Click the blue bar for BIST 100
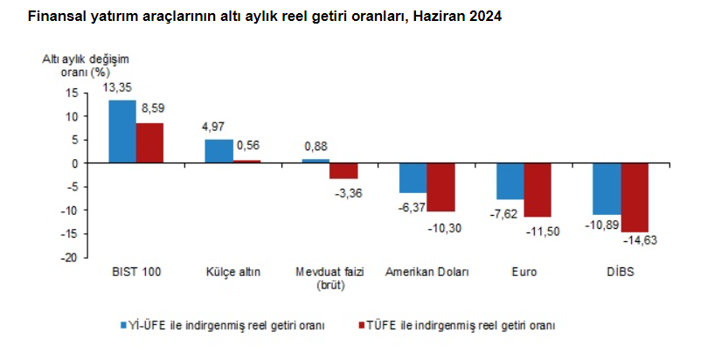coord(122,132)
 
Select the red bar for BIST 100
coord(149,143)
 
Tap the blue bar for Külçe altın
coord(218,151)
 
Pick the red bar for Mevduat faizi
coord(343,171)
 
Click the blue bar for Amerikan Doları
coord(413,178)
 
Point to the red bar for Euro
coord(537,190)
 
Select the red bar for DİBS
coord(634,197)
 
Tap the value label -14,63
coord(639,239)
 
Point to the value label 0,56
coord(249,146)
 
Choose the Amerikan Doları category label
coord(426,272)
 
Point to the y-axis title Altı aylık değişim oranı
coord(86,65)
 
